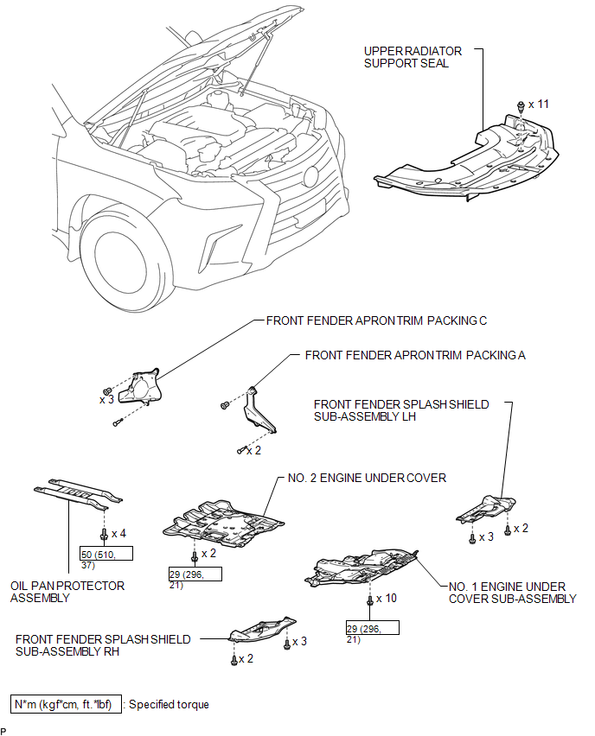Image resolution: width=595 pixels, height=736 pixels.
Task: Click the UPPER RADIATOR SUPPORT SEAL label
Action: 413,57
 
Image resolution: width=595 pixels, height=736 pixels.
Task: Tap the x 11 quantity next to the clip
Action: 539,105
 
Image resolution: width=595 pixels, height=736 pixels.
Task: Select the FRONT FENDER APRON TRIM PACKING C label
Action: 376,320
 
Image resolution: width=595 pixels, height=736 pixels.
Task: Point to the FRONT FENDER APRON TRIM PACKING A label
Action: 415,355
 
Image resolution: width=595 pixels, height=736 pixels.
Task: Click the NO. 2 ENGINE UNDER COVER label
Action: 367,478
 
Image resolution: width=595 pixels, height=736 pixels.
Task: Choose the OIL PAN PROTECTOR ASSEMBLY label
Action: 67,592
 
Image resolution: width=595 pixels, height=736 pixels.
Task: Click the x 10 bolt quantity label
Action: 387,599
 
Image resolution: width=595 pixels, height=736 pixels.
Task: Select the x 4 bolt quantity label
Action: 118,534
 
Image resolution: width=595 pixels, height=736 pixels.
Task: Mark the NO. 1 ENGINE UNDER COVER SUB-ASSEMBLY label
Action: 512,593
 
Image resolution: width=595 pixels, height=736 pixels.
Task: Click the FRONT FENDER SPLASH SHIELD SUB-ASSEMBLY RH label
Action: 103,645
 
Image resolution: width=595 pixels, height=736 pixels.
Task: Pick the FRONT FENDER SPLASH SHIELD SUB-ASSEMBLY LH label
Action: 401,410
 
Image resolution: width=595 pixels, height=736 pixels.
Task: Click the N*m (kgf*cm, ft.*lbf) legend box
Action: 66,704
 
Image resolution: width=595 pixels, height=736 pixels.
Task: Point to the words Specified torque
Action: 169,705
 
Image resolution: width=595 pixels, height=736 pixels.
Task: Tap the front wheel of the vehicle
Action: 126,262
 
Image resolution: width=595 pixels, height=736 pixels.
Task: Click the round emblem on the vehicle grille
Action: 310,177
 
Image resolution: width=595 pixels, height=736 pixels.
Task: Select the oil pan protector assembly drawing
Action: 78,494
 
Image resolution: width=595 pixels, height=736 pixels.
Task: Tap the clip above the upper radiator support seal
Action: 521,106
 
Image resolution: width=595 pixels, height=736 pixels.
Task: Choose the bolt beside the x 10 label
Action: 369,600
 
